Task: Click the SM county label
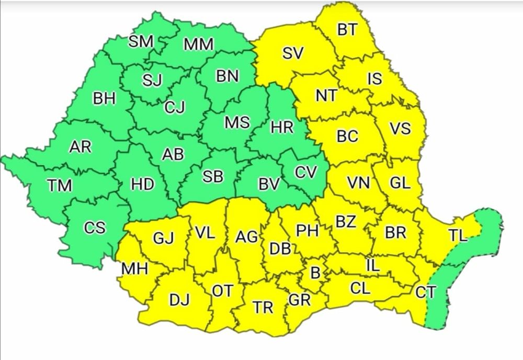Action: click(140, 42)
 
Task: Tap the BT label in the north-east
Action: click(347, 30)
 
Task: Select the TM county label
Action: click(59, 185)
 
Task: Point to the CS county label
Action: click(95, 228)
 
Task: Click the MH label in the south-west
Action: click(134, 269)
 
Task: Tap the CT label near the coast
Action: click(424, 292)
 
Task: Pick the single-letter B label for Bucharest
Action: click(315, 273)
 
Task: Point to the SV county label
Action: click(293, 53)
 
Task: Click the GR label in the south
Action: click(300, 300)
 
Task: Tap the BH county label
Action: click(105, 99)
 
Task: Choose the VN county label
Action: click(359, 183)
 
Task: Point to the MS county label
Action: click(237, 122)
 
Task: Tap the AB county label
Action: click(173, 155)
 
